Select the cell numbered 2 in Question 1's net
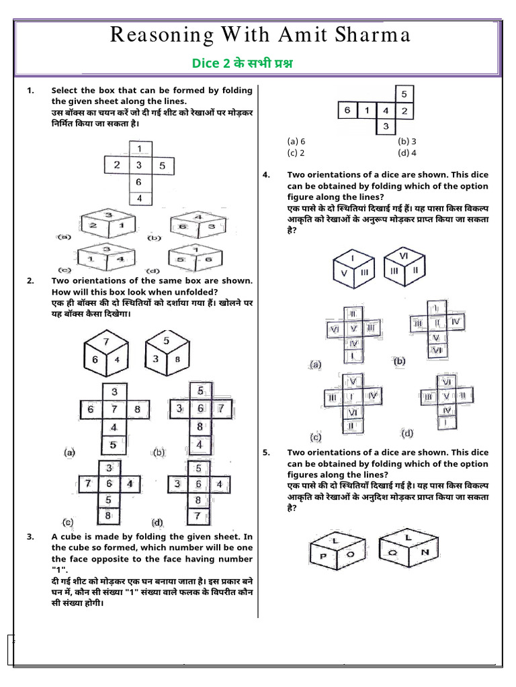coord(117,165)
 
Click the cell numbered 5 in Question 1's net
coord(162,165)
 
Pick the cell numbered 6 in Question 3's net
coord(347,110)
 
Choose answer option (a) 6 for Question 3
coord(296,142)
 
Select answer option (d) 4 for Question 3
coord(407,152)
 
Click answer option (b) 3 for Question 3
coord(407,142)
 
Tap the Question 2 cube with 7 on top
coord(105,353)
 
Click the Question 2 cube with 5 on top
coord(167,351)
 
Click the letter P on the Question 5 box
coord(323,556)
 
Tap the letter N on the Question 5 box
coord(423,552)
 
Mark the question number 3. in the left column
coord(30,537)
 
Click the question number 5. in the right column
coord(267,453)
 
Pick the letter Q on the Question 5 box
coord(392,553)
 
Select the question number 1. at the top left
coord(30,91)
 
